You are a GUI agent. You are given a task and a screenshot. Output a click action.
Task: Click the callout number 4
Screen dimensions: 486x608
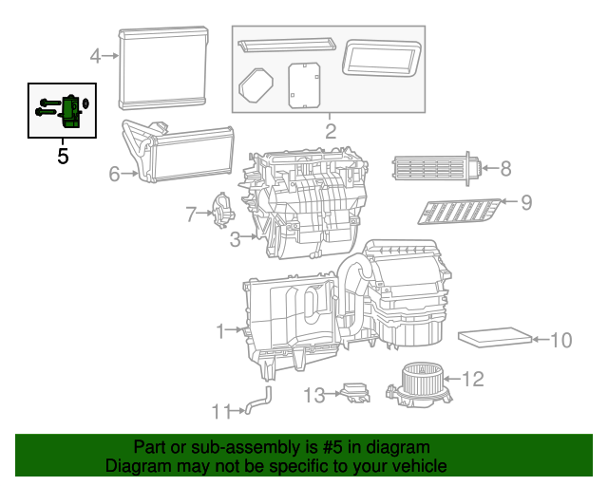point(95,56)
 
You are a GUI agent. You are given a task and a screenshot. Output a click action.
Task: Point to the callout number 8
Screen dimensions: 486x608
point(505,169)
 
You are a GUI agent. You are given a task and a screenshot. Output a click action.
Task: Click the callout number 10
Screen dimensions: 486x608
point(560,340)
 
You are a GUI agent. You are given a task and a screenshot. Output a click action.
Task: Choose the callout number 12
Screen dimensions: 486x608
point(472,380)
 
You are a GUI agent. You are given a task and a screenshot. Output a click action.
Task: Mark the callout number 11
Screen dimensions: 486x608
point(220,411)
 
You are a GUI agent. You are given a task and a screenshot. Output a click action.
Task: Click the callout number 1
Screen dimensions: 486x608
point(219,331)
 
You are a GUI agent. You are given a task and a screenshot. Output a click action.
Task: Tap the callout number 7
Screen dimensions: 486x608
point(190,214)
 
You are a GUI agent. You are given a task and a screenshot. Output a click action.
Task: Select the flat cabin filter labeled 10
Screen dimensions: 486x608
point(495,338)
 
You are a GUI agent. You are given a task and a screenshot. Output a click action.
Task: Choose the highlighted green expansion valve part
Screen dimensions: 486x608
point(69,112)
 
